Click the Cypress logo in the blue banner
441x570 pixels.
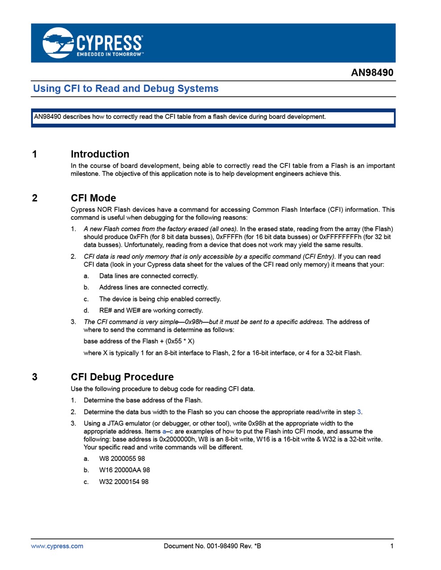(93, 43)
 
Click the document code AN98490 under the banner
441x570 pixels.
(372, 73)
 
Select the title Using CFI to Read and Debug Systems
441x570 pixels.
(126, 89)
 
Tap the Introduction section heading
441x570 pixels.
(100, 154)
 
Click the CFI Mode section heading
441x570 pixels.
(93, 198)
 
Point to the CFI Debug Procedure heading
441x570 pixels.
(122, 377)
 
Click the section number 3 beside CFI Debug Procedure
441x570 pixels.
(35, 377)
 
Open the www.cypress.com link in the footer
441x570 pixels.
(57, 546)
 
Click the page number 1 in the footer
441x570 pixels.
(392, 546)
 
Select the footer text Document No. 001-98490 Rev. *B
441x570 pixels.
(212, 546)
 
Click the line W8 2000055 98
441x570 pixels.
(122, 459)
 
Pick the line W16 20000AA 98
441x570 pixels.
(124, 470)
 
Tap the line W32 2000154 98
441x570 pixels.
(124, 482)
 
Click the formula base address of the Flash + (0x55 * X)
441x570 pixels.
(139, 342)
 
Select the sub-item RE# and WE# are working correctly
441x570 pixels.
(151, 311)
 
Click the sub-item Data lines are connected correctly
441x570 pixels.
(149, 276)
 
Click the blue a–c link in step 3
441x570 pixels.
(167, 432)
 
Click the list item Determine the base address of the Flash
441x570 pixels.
(143, 400)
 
